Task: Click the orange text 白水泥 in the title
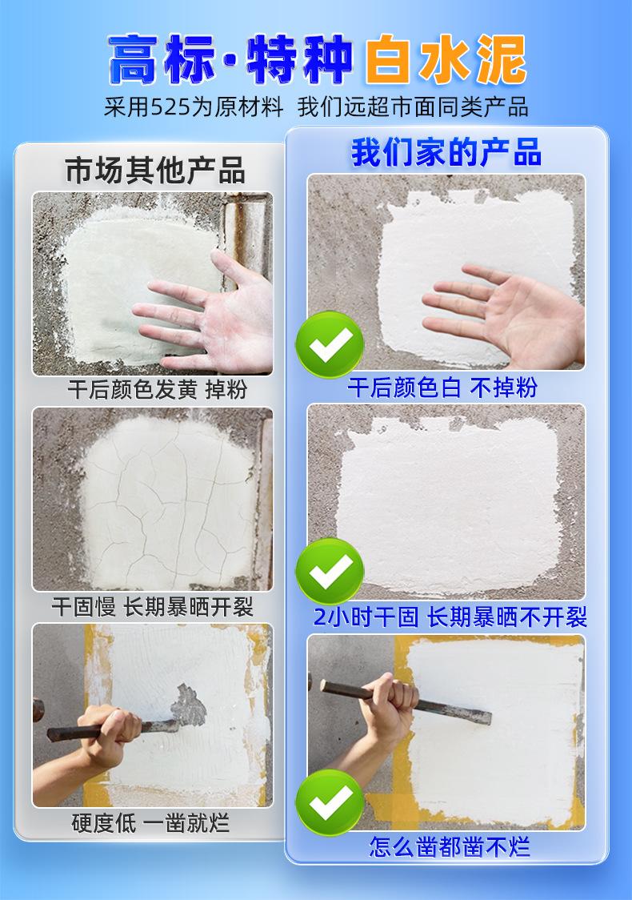pos(446,59)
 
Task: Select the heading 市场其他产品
pos(155,171)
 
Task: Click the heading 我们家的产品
pos(446,153)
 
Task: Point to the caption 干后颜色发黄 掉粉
pos(158,390)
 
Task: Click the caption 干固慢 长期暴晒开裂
pos(153,607)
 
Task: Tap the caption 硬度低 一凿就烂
pos(151,823)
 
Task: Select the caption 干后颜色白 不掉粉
pos(442,388)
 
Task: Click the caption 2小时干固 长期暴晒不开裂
pos(450,617)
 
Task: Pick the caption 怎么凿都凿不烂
pos(449,846)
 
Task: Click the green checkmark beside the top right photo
pos(330,344)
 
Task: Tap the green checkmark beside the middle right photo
pos(330,572)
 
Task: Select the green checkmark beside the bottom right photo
pos(330,802)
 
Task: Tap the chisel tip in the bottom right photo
pos(489,717)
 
